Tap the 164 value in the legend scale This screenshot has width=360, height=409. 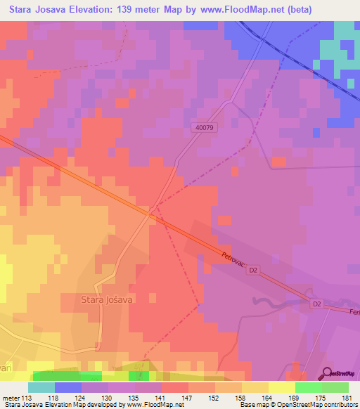pos(269,397)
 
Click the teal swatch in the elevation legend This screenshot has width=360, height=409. pos(41,387)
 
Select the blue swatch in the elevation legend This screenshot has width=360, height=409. pos(68,387)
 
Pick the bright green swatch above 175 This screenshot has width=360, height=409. pos(309,387)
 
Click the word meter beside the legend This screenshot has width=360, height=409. pos(12,397)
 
